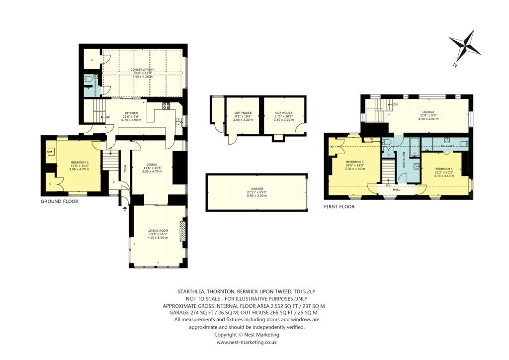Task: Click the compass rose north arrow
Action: (x=465, y=47)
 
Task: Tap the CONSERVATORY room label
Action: (x=142, y=70)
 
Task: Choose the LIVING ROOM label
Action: (x=158, y=231)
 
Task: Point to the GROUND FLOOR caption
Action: (x=60, y=201)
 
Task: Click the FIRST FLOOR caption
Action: (x=339, y=206)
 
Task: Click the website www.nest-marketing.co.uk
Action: (x=247, y=342)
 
